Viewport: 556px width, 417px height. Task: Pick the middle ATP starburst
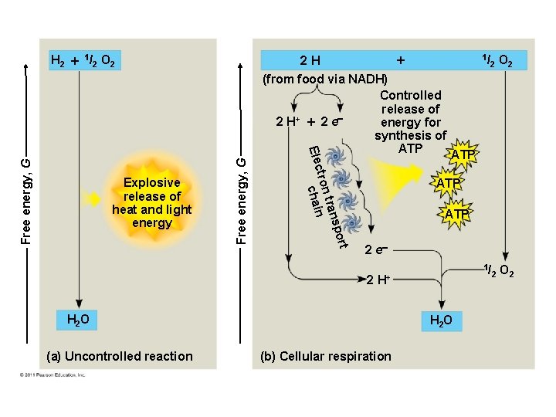pos(448,184)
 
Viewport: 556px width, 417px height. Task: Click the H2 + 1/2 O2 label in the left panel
pos(83,60)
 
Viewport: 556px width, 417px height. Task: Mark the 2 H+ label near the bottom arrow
pos(380,280)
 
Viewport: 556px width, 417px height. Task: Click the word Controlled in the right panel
pos(411,95)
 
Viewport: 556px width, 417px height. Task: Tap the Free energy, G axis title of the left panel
pos(25,198)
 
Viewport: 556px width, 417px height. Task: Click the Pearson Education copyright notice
pos(53,375)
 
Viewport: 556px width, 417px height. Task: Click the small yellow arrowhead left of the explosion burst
pos(91,198)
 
